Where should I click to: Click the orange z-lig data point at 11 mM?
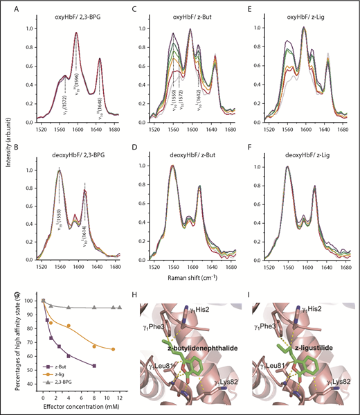pyautogui.click(x=113, y=348)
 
